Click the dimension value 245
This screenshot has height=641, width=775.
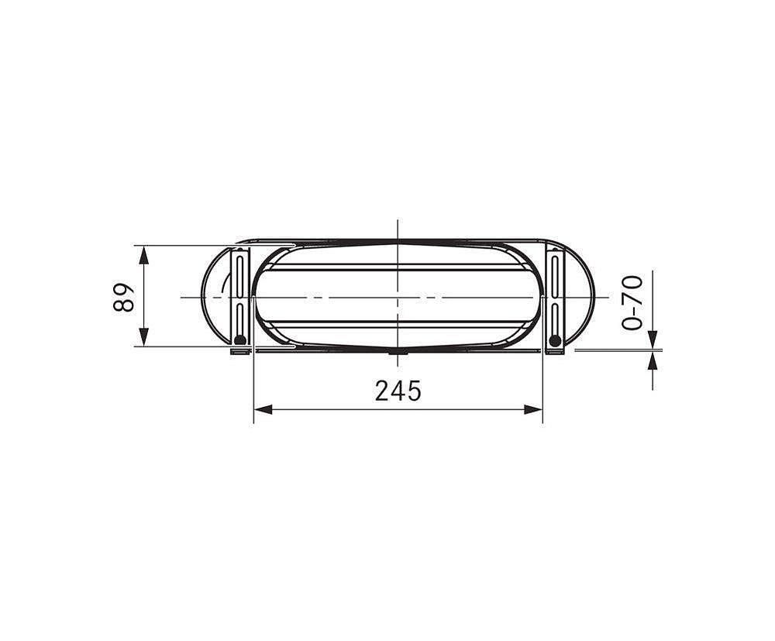(398, 391)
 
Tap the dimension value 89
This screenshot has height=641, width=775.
(123, 297)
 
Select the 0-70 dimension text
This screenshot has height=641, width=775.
(632, 302)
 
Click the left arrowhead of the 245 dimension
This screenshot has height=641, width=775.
(263, 409)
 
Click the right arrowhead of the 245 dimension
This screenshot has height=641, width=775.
(533, 409)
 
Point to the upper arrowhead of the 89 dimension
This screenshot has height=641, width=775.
(143, 256)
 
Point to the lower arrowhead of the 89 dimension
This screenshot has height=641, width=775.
(143, 336)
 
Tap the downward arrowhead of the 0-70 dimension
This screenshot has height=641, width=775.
(653, 339)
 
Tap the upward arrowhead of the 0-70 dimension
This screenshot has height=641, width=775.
(653, 360)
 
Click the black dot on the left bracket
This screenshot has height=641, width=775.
(240, 340)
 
